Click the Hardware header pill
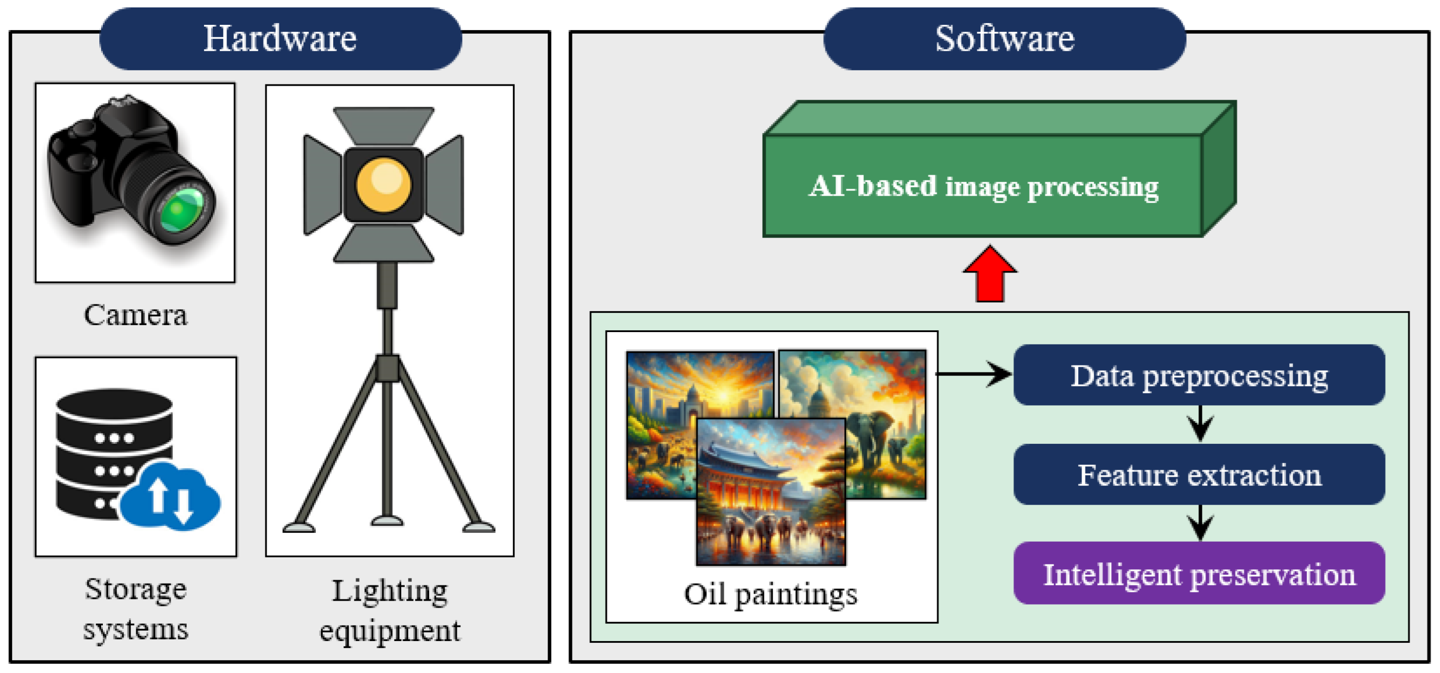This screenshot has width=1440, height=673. pos(280,39)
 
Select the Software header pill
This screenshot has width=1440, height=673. pos(1004,39)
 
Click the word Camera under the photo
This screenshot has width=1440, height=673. pos(135,315)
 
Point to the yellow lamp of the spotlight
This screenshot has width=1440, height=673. pos(383,185)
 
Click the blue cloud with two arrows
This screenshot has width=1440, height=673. pos(171,497)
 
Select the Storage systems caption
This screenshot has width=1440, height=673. pos(135,609)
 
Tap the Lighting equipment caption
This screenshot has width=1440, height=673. pos(390,610)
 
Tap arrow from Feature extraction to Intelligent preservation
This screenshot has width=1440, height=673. pos(1200,524)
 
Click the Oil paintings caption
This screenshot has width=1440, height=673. pos(770,594)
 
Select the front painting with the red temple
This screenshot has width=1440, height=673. pos(770,492)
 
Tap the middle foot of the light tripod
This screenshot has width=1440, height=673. pos(387,521)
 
